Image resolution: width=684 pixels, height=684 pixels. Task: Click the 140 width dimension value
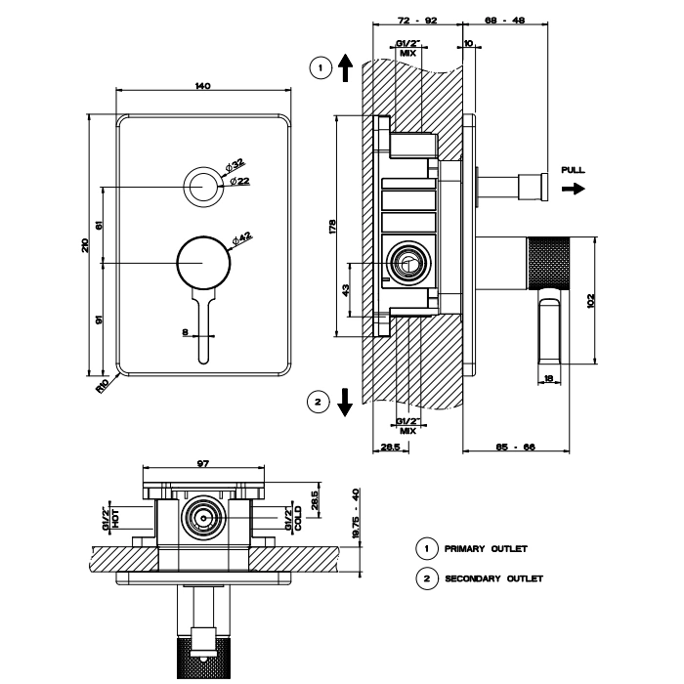(203, 87)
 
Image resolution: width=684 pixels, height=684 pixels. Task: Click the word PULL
(574, 170)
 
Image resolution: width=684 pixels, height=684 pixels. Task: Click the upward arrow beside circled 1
(345, 68)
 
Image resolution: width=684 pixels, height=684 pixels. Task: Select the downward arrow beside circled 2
(345, 401)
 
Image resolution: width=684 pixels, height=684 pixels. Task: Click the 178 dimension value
(332, 226)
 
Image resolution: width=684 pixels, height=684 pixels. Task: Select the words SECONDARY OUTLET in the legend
(493, 578)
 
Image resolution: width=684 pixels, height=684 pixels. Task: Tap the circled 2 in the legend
(425, 578)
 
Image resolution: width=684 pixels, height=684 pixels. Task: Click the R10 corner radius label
(103, 385)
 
